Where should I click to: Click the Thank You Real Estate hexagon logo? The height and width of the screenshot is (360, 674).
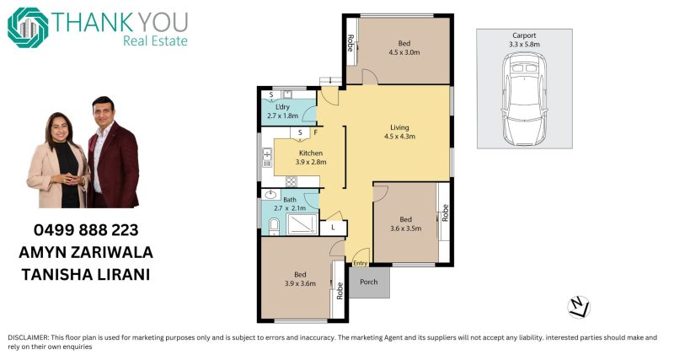point(28,28)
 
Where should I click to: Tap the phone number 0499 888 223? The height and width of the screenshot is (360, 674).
point(86,230)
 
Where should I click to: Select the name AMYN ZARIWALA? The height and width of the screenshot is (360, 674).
point(86,252)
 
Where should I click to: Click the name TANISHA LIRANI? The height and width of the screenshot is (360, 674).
point(86,274)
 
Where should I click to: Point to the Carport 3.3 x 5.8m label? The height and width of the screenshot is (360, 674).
point(524,40)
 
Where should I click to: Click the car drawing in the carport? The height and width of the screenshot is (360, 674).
point(524,99)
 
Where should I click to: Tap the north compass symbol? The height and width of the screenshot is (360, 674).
point(579,308)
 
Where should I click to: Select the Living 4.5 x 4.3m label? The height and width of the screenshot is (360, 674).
point(399,132)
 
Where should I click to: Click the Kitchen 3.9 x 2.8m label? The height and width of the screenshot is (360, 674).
point(311,158)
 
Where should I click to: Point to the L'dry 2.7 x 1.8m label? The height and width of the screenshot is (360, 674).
point(282,111)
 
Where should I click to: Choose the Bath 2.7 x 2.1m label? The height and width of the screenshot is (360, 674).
point(290,204)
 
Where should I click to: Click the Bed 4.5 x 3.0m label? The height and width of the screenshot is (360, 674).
point(404,48)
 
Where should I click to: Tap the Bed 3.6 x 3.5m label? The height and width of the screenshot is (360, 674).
point(406,223)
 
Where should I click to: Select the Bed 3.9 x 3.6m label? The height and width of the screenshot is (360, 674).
point(300,279)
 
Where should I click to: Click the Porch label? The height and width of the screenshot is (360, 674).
point(368,282)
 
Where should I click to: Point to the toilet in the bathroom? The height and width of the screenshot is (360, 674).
point(274,226)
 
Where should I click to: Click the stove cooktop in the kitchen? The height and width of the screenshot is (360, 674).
point(291,181)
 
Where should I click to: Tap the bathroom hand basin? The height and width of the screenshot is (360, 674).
point(270,195)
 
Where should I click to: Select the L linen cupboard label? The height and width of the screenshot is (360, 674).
point(333,228)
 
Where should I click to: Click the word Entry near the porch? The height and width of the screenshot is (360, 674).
point(361,263)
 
